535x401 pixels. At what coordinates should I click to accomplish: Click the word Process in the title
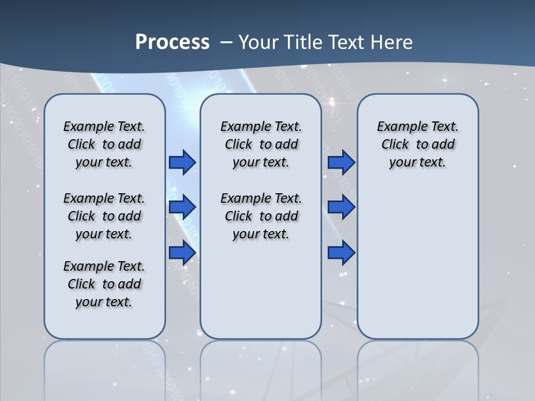pos(172,42)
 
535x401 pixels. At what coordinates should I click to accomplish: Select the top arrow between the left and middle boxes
pos(182,162)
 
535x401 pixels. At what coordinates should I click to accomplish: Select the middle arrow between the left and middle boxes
pos(182,207)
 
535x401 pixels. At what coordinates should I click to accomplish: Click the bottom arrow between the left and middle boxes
pos(182,252)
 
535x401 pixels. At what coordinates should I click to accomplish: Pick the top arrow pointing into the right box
pos(341,162)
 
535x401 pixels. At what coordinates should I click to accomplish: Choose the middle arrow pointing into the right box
pos(341,207)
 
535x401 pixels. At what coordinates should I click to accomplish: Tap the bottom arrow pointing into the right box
pos(341,252)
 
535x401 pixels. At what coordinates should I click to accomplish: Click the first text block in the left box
pos(104,144)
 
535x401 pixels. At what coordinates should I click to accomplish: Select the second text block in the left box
pos(104,216)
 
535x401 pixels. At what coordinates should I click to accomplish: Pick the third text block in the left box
pos(104,284)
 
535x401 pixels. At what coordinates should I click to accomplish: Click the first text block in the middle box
pos(261,144)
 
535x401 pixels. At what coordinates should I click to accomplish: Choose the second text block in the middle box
pos(261,216)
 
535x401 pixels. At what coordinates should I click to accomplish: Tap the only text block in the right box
pos(417,144)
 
